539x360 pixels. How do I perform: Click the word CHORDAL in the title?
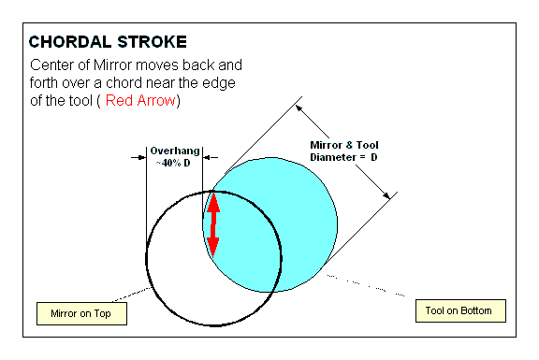(x=70, y=42)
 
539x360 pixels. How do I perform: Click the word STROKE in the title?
(x=152, y=42)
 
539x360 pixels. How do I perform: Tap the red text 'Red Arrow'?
(x=140, y=101)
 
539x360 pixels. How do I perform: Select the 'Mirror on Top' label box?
(x=81, y=313)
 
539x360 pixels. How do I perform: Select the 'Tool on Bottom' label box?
(x=460, y=310)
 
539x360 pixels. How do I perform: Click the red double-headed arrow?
(x=213, y=224)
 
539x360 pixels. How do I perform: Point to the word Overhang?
(x=175, y=151)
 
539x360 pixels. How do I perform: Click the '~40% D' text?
(x=173, y=163)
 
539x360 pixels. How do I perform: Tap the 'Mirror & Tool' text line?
(x=344, y=145)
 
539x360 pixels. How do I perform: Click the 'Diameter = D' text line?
(x=343, y=157)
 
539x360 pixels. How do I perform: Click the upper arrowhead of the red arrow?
(x=213, y=202)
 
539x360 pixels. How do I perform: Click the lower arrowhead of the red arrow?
(x=213, y=248)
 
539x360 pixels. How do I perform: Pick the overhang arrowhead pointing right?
(x=142, y=157)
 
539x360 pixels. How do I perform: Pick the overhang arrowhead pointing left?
(x=207, y=157)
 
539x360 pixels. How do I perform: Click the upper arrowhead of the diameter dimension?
(x=299, y=108)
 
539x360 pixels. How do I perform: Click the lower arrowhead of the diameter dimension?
(x=386, y=195)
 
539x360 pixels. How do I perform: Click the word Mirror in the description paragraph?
(x=113, y=65)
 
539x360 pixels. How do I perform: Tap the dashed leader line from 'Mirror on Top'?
(x=131, y=295)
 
